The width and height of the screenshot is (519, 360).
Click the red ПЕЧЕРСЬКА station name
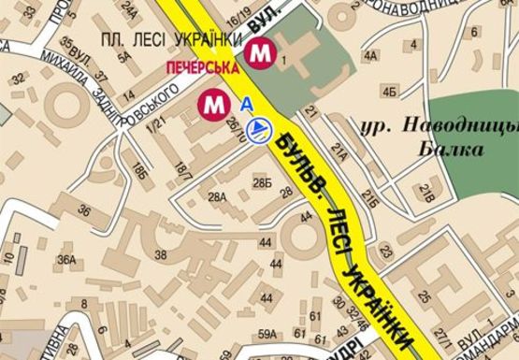(201, 68)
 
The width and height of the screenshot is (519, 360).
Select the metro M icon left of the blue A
(214, 104)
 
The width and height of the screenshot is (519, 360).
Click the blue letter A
(247, 105)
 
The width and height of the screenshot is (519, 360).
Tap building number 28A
(217, 197)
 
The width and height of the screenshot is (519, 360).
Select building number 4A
(370, 56)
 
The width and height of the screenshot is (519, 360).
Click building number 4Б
(389, 91)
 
